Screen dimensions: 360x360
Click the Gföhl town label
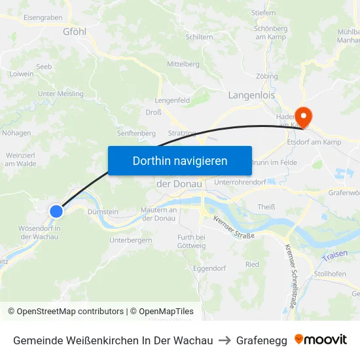point(75,31)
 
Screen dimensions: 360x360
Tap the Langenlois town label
point(251,95)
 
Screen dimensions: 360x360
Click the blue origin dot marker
point(56,211)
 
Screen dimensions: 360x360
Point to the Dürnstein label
point(102,211)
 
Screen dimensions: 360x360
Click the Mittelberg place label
point(183,64)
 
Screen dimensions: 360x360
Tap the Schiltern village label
point(199,37)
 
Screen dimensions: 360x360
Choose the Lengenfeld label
point(172,100)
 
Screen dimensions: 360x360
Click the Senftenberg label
point(136,133)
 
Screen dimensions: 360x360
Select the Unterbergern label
point(131,240)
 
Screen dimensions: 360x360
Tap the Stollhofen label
point(330,274)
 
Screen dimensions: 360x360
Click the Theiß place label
point(266,207)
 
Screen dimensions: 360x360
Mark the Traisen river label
point(334,253)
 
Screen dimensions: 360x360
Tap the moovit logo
point(321,340)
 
